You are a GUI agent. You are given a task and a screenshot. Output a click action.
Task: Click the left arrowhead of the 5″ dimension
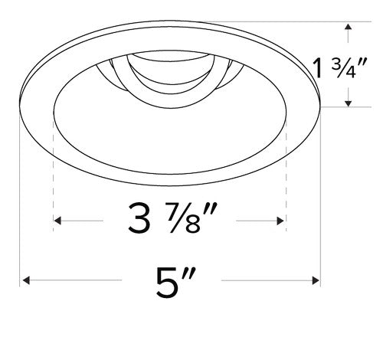(x=25, y=282)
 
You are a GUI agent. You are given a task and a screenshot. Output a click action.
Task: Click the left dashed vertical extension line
(x=54, y=176)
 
